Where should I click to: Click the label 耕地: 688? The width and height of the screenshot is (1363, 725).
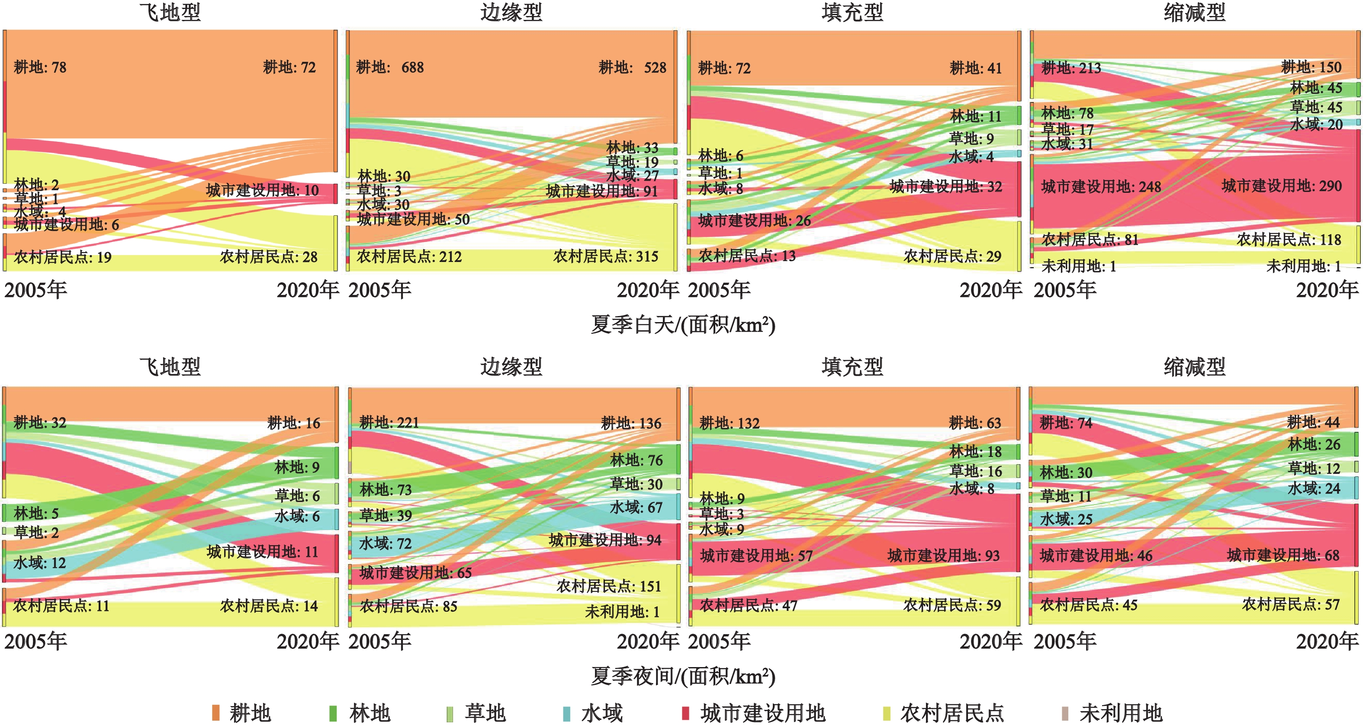389,68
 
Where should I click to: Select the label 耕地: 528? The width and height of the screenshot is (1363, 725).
632,68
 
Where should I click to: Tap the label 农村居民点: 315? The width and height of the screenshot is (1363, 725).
606,257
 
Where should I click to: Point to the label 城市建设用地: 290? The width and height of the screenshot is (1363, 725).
1282,186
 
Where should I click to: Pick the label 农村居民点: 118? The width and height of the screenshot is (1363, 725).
1289,240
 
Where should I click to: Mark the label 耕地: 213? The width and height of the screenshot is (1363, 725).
1071,68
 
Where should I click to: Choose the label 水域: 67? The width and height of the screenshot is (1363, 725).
636,508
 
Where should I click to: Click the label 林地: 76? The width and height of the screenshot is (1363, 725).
636,460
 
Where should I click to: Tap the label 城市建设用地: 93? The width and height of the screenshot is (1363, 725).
943,556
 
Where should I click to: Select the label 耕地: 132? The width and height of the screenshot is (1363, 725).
729,424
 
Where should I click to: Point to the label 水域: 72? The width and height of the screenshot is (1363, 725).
385,543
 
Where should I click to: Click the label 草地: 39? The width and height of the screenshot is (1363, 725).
386,516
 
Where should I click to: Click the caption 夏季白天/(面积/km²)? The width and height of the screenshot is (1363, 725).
682,325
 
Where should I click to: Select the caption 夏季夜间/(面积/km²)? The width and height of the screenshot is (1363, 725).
682,676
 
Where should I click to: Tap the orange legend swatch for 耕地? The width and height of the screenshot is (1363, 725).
216,713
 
